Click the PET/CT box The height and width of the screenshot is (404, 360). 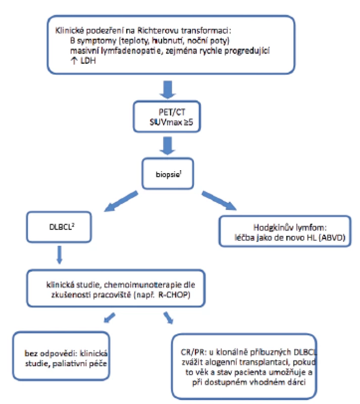[167, 117]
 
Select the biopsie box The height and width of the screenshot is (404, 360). [168, 174]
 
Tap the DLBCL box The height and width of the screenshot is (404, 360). [59, 227]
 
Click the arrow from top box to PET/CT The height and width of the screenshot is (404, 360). [168, 90]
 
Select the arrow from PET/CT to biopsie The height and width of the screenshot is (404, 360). [168, 146]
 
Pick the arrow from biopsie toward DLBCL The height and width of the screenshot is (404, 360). [121, 201]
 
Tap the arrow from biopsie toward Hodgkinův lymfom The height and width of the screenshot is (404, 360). [219, 200]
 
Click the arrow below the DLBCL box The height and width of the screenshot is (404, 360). [59, 255]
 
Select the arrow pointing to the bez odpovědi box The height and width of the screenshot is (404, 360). [109, 318]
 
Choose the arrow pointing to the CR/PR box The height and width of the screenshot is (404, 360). [168, 318]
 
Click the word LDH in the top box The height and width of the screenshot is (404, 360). [88, 61]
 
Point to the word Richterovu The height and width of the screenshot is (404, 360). [158, 31]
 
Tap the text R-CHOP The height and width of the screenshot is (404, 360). [174, 295]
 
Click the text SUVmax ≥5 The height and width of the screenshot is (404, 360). [171, 122]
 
